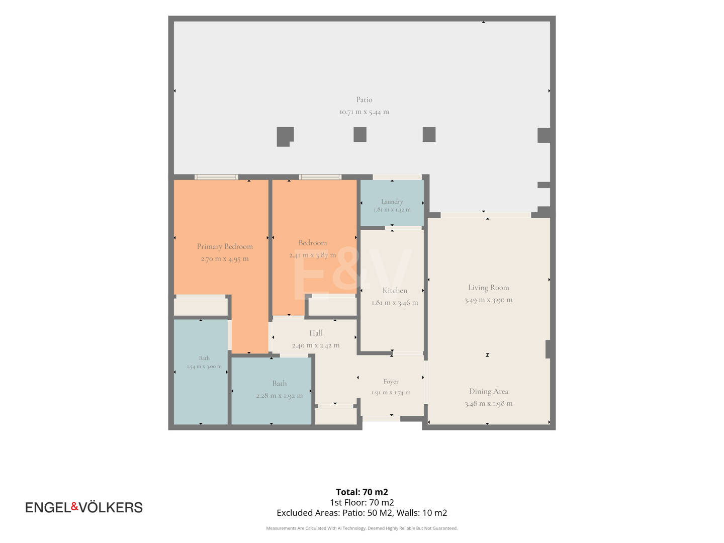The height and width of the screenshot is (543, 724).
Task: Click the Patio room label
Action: (x=364, y=100)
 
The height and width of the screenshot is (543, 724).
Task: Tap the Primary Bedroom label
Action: (x=225, y=246)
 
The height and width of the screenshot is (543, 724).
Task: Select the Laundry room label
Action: (x=392, y=202)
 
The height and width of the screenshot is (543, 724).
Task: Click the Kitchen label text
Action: (x=395, y=291)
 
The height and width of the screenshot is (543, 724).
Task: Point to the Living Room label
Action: (x=488, y=288)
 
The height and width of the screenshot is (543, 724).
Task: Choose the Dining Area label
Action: (x=489, y=391)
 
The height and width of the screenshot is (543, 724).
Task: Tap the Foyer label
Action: (x=391, y=382)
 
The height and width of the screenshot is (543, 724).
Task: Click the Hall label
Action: (x=316, y=333)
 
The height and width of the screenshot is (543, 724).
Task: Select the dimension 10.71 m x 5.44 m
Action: (x=364, y=112)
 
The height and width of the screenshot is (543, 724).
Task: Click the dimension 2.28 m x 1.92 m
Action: (x=279, y=396)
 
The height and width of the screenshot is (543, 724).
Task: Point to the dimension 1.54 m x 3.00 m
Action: (x=204, y=367)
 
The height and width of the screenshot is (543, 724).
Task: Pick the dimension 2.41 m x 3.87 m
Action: (x=312, y=255)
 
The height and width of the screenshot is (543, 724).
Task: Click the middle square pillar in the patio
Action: (x=360, y=134)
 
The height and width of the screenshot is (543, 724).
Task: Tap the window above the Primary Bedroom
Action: (x=216, y=177)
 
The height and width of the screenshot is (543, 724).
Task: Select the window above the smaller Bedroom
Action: (x=320, y=177)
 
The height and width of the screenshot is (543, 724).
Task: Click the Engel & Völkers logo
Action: (x=84, y=507)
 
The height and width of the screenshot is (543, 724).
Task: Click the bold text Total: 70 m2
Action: (x=362, y=492)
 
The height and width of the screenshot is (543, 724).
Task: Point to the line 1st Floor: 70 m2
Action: (x=362, y=502)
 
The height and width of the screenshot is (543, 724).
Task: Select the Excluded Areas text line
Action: (x=362, y=513)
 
